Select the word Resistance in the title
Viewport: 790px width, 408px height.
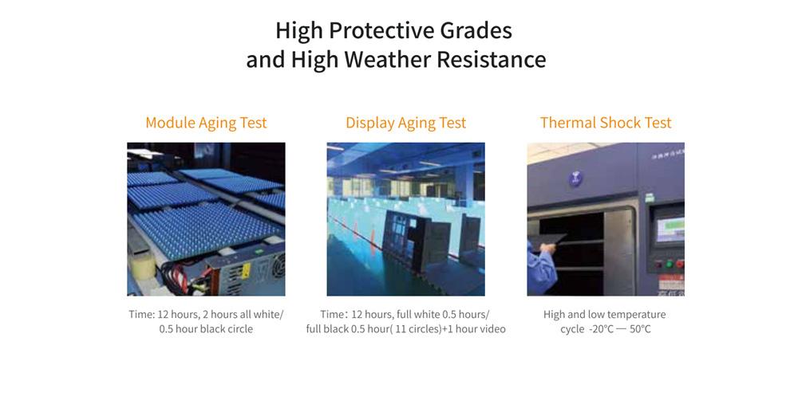click(x=492, y=59)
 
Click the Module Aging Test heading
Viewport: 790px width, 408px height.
click(x=206, y=123)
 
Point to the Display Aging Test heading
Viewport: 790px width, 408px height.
click(x=405, y=123)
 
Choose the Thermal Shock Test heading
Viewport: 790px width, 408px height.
click(x=606, y=123)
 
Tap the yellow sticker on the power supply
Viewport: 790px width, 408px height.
click(x=245, y=271)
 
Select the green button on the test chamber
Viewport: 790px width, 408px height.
click(x=669, y=264)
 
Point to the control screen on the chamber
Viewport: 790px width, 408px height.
click(x=670, y=229)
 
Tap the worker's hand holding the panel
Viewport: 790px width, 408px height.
click(x=547, y=249)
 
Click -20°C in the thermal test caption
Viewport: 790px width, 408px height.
click(x=601, y=330)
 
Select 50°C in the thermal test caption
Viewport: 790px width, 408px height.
click(x=640, y=330)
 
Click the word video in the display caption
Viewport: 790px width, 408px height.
click(x=492, y=330)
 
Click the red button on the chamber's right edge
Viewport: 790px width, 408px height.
click(x=680, y=264)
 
